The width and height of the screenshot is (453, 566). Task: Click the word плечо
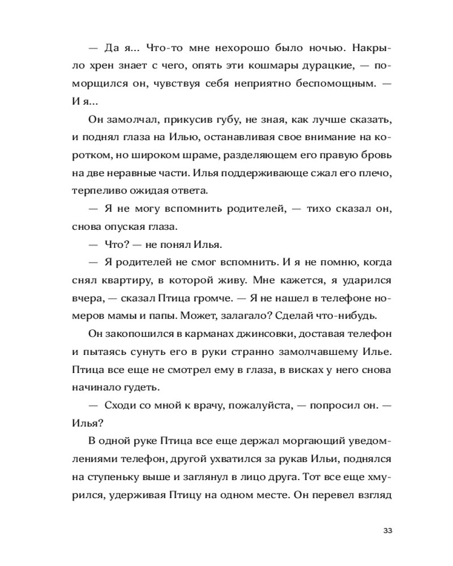tap(376, 172)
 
